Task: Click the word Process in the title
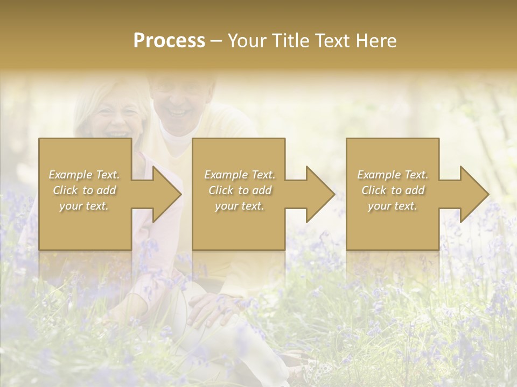(x=169, y=41)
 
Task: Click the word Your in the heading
(x=248, y=41)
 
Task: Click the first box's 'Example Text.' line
(x=84, y=175)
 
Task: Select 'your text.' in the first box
(x=84, y=206)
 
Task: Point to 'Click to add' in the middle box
(x=240, y=190)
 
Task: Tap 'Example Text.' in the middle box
(x=240, y=175)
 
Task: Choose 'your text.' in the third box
(x=393, y=206)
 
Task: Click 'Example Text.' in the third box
(x=393, y=175)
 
